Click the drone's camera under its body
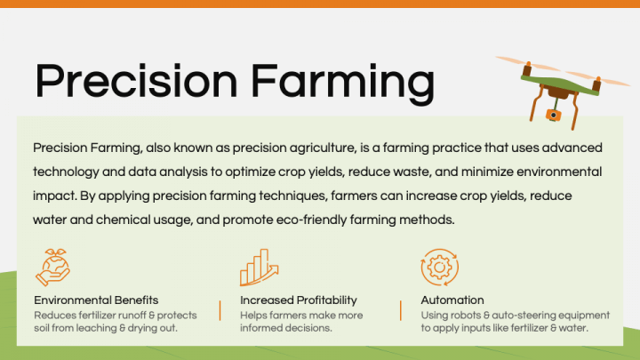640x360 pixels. coord(552,115)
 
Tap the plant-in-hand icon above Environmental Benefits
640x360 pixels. coord(52,266)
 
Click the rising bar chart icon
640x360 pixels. coord(258,266)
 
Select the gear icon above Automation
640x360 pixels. coord(439,266)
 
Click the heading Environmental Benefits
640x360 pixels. coord(96,300)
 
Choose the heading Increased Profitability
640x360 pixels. coord(298,300)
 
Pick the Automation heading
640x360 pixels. coord(452,300)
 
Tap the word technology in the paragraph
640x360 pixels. coord(68,171)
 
